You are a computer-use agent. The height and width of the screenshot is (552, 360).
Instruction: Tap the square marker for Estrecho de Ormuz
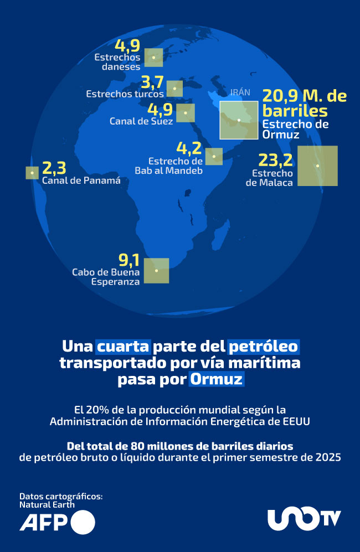(239, 120)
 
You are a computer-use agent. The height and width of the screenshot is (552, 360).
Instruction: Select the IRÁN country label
(240, 93)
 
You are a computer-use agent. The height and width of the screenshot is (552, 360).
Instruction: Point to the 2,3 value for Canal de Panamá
(54, 168)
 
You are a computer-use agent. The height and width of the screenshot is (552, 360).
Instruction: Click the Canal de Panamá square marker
(32, 172)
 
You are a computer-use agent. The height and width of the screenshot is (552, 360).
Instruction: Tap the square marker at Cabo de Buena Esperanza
(157, 271)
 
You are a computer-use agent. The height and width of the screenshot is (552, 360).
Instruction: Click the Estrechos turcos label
(125, 94)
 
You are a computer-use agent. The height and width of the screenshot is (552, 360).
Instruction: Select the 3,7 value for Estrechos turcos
(152, 82)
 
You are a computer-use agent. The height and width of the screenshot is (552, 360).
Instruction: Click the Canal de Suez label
(141, 121)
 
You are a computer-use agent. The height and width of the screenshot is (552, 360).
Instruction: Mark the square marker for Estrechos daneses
(153, 58)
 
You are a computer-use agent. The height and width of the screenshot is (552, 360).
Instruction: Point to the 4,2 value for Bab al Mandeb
(188, 148)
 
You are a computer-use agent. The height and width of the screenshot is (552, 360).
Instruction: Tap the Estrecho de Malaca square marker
(317, 166)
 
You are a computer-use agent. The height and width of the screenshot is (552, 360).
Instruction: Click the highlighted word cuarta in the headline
(123, 347)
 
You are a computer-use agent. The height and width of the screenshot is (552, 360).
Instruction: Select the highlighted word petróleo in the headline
(263, 347)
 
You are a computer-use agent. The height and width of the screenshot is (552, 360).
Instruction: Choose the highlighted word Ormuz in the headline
(216, 380)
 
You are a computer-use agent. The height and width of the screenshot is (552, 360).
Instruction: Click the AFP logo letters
(43, 523)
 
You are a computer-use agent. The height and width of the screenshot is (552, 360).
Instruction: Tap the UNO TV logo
(304, 519)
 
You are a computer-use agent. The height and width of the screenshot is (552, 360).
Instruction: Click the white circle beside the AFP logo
(83, 523)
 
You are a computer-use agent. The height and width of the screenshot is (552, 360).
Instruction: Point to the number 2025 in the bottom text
(327, 457)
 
